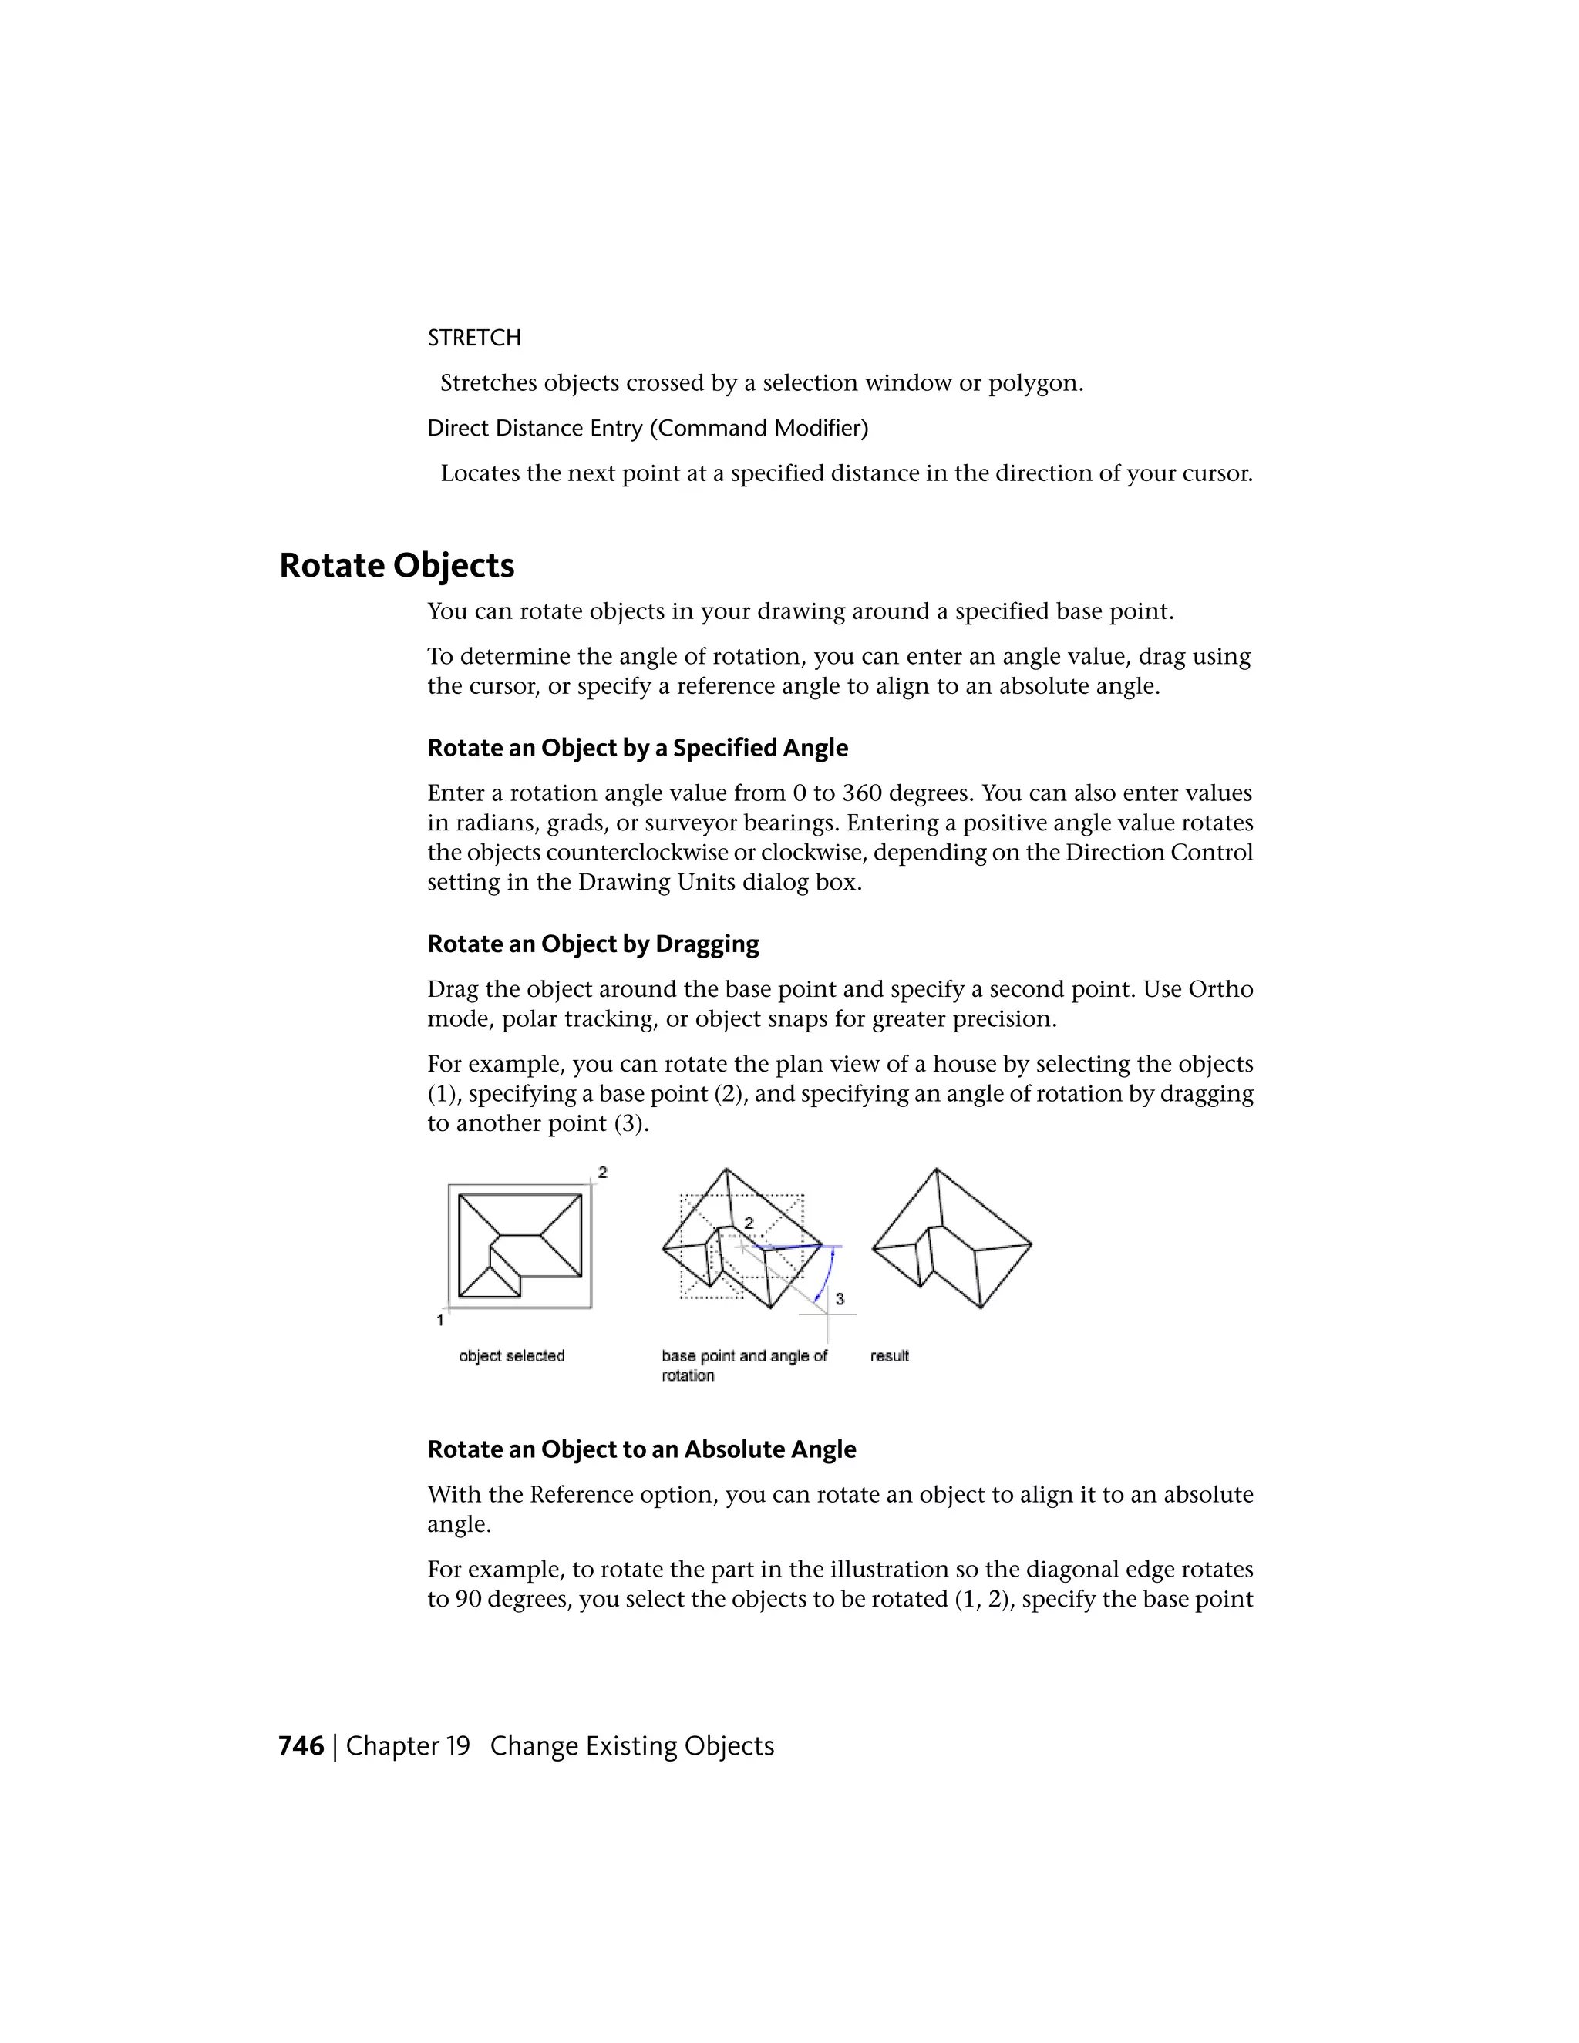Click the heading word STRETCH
(x=473, y=338)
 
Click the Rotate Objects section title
(x=396, y=566)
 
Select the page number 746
(x=301, y=1746)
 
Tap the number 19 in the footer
(x=457, y=1746)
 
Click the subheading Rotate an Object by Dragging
(x=593, y=944)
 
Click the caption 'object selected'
(x=512, y=1356)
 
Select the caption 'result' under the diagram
(x=889, y=1356)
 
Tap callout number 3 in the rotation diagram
(x=840, y=1299)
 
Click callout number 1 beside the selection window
(x=439, y=1320)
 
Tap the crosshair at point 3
(x=827, y=1314)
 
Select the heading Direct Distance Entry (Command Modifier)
(x=648, y=429)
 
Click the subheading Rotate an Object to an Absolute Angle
(x=641, y=1449)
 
